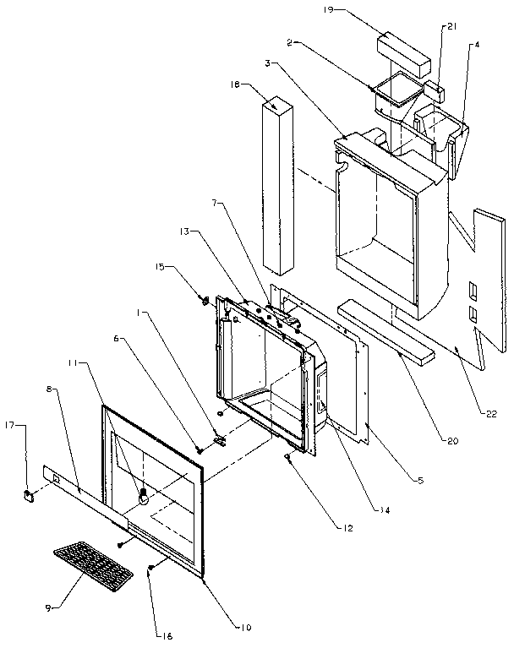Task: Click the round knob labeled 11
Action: pyautogui.click(x=142, y=496)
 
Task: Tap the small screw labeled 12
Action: pyautogui.click(x=288, y=457)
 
